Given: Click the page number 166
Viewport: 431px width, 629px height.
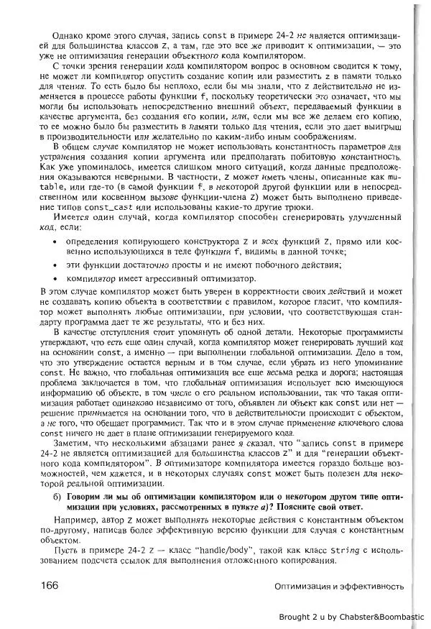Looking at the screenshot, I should pos(45,585).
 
